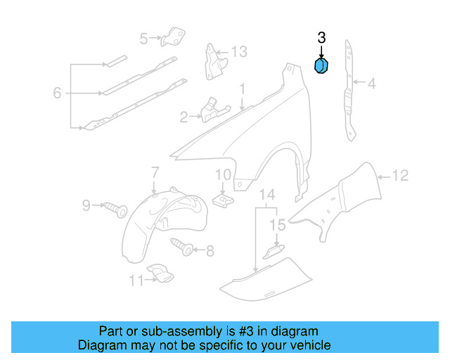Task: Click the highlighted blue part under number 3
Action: click(321, 66)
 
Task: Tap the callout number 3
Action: click(321, 38)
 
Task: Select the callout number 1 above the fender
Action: click(241, 89)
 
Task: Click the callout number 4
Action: click(371, 84)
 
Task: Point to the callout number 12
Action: click(399, 176)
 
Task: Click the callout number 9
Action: click(86, 205)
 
